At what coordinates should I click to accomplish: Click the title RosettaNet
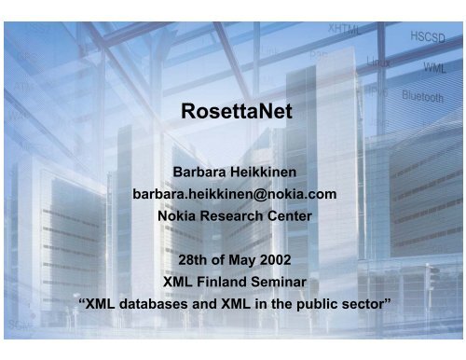pyautogui.click(x=233, y=113)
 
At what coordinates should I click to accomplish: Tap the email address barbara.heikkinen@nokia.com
pyautogui.click(x=233, y=192)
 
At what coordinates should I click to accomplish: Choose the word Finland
pyautogui.click(x=225, y=278)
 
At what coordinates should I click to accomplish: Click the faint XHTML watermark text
pyautogui.click(x=345, y=30)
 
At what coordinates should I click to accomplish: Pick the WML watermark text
pyautogui.click(x=434, y=67)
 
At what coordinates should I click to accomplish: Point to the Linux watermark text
pyautogui.click(x=377, y=61)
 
